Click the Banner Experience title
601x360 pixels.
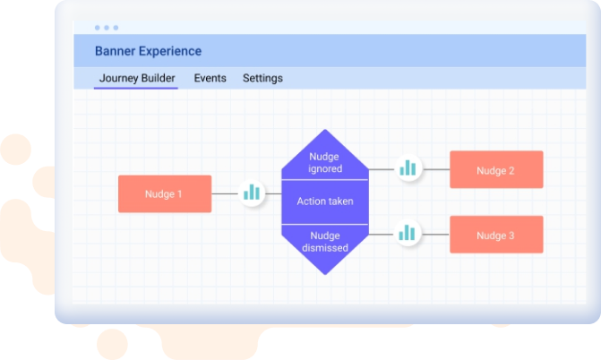coord(148,51)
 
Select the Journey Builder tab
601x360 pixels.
coord(137,78)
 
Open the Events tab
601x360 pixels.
coord(210,78)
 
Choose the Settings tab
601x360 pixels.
coord(262,78)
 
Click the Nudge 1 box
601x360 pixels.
coord(165,194)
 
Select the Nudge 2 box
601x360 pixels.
coord(496,169)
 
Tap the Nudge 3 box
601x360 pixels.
coord(496,235)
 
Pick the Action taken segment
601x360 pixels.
coord(325,201)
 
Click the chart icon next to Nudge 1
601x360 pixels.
coord(252,193)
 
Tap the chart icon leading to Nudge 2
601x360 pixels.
coord(408,168)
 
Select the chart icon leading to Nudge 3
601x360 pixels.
coord(408,233)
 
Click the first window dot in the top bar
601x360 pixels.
coord(98,28)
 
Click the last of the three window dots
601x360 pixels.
coord(116,28)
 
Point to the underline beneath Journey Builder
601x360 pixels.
coord(135,88)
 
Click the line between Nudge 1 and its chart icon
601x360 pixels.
coord(225,193)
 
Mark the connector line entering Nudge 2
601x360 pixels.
coord(436,169)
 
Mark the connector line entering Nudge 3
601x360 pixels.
coord(435,235)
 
